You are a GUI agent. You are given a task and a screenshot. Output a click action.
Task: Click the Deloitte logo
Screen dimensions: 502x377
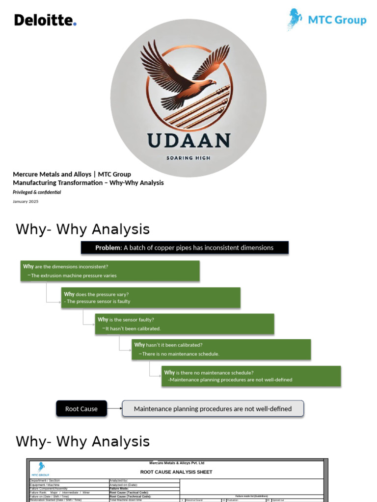45,20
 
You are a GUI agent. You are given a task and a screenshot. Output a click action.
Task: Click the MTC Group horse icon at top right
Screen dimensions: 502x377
295,19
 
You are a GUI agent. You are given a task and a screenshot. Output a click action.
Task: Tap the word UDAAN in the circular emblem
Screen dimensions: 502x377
188,140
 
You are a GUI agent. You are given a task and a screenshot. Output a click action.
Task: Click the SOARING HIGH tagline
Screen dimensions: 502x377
188,158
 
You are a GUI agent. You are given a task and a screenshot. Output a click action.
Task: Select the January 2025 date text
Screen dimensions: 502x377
25,201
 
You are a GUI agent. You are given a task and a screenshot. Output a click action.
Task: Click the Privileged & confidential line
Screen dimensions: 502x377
37,192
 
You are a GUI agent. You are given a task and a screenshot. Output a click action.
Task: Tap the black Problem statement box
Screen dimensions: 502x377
185,248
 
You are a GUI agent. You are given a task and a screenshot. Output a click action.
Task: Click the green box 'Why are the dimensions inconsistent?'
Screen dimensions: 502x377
110,271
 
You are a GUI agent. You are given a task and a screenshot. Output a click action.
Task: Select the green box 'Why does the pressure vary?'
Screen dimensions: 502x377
151,298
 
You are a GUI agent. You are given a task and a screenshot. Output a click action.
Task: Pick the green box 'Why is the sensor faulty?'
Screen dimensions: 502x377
185,324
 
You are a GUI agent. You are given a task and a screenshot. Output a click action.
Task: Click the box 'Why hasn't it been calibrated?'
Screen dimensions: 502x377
221,349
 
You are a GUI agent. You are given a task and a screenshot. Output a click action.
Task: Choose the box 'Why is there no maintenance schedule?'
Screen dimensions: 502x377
251,376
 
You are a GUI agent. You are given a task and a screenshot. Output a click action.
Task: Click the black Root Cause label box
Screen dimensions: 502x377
81,408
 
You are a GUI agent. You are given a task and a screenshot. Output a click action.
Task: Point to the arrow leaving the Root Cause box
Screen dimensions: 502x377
114,408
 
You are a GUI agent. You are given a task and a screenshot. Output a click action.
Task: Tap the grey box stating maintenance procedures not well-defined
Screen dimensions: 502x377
213,408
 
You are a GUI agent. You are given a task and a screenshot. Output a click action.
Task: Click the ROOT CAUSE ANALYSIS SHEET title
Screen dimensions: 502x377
176,472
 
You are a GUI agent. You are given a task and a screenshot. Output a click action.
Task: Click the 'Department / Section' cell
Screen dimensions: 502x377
45,481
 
